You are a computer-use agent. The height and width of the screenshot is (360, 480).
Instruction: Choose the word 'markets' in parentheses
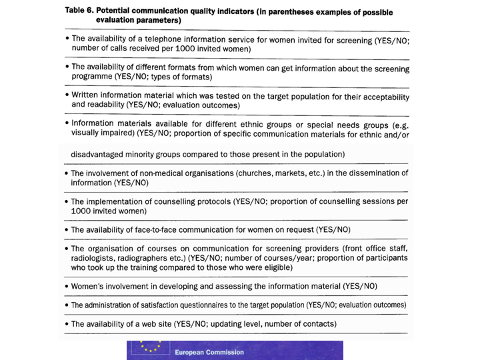(297, 173)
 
